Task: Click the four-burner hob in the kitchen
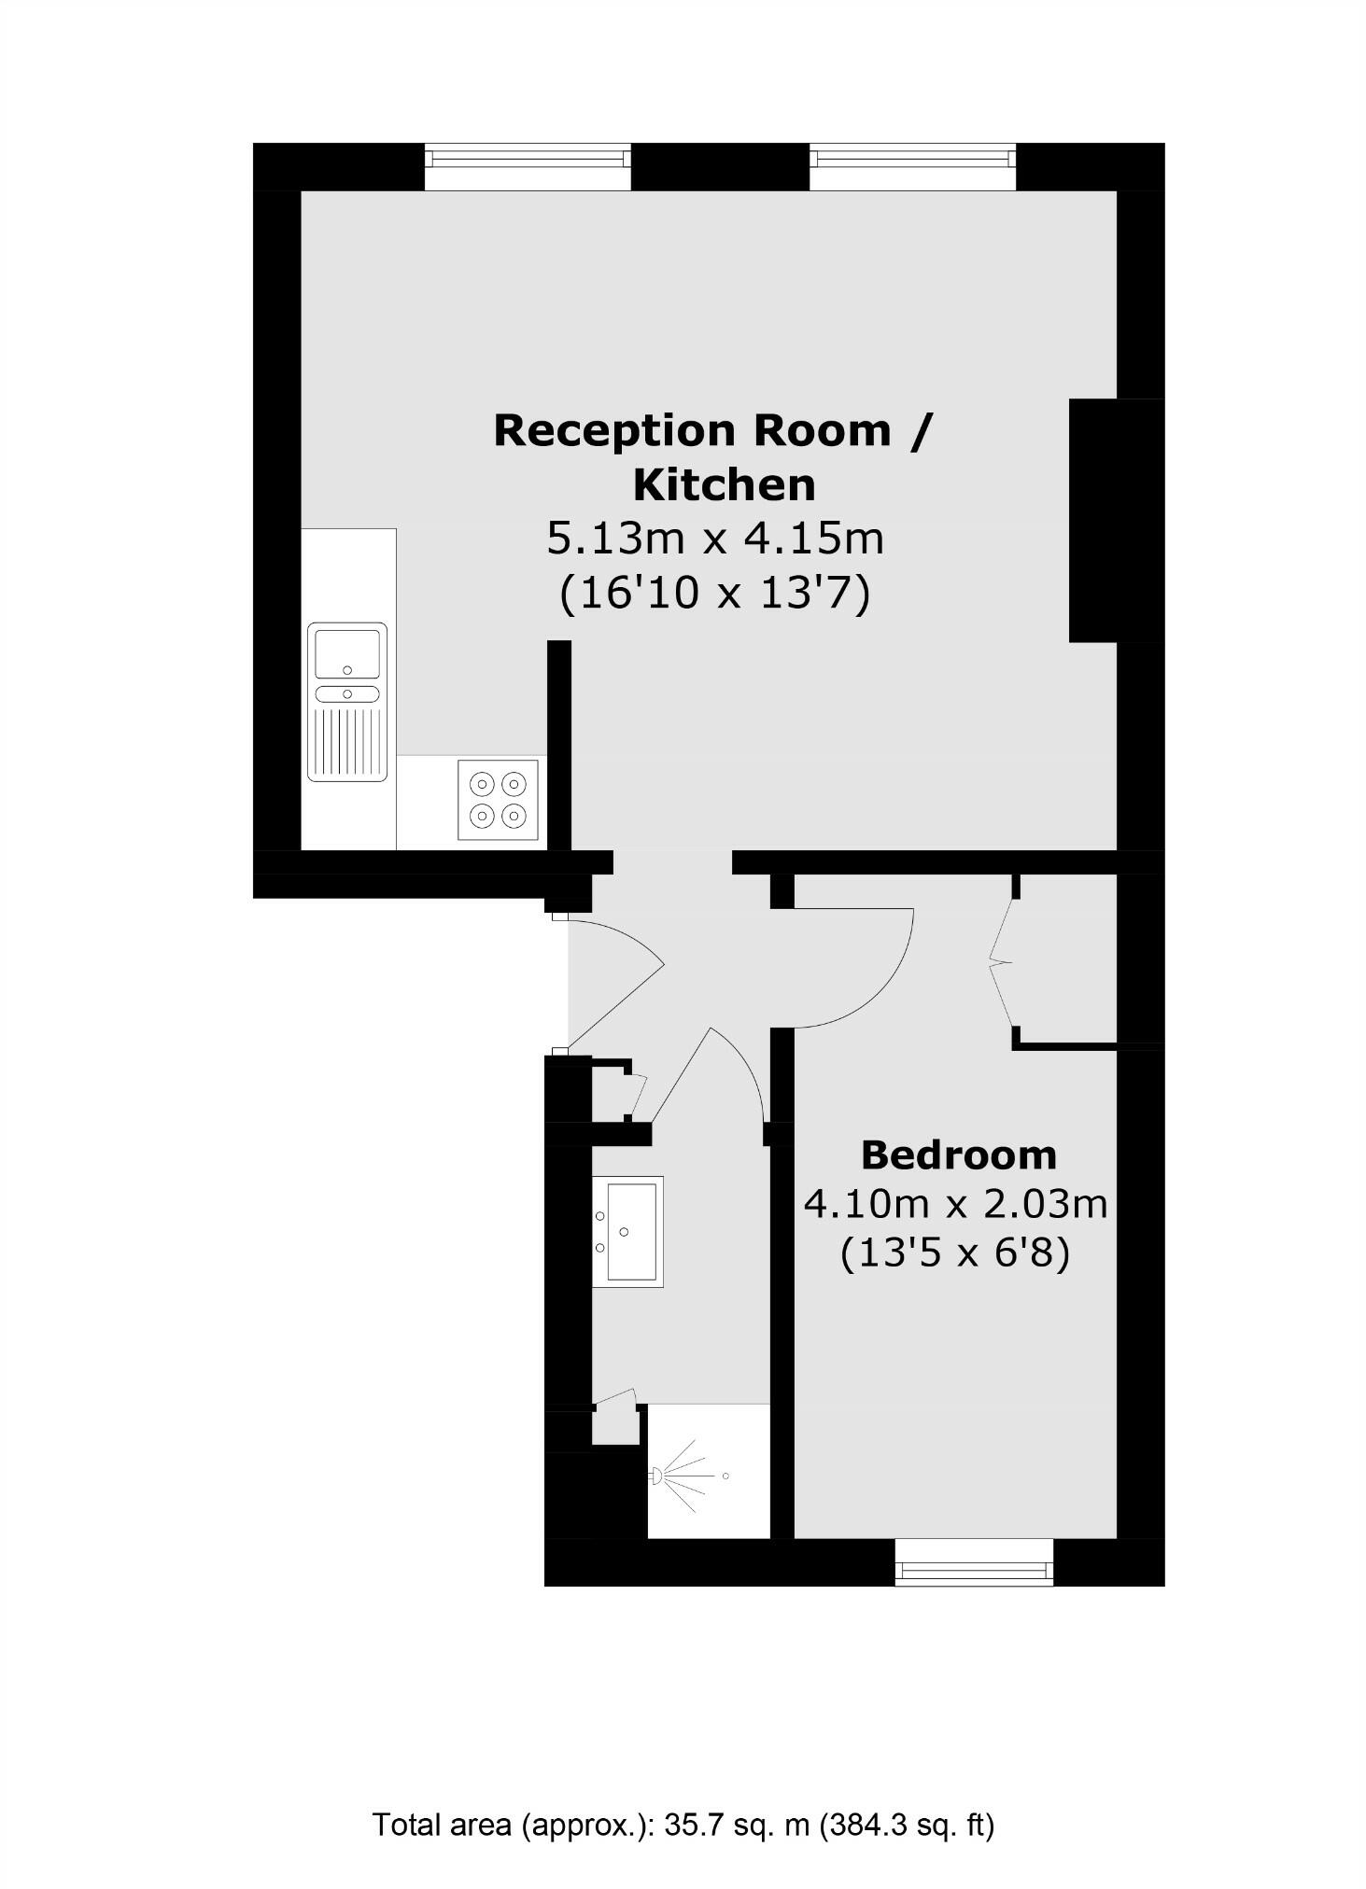pos(498,800)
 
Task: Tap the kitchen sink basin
pos(347,653)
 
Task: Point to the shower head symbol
pos(656,1476)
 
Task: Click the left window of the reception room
pos(528,167)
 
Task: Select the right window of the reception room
pos(911,167)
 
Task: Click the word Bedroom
pos(958,1155)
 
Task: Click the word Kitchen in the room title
pos(724,485)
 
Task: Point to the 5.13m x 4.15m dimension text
pos(714,539)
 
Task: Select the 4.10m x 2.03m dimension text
pos(955,1204)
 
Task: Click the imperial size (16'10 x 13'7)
pos(714,593)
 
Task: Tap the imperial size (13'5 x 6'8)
pos(954,1252)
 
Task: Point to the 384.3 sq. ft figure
pos(907,1825)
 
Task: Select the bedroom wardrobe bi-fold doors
pos(1001,961)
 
